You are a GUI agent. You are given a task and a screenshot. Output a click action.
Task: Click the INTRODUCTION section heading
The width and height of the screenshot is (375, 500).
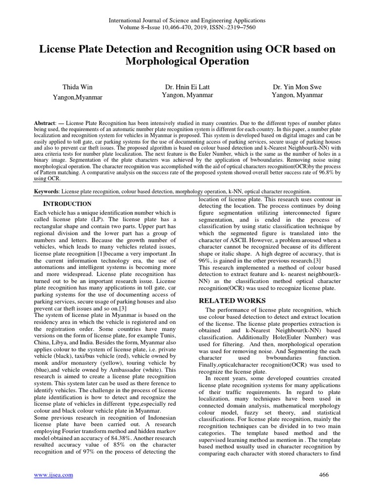click(67, 204)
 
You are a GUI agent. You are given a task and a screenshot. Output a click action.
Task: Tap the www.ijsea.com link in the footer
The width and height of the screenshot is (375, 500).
click(53, 475)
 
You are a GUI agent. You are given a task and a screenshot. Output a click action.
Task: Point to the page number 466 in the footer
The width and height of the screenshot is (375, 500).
click(324, 475)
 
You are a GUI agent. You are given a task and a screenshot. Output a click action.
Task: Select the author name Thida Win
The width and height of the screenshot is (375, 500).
click(77, 88)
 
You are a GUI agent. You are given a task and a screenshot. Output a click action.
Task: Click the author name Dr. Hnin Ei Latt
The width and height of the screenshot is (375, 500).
click(187, 87)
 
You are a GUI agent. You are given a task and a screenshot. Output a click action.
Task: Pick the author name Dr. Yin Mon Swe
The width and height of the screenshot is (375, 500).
click(297, 87)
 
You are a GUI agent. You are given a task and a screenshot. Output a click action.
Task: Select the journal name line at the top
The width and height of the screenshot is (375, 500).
click(187, 20)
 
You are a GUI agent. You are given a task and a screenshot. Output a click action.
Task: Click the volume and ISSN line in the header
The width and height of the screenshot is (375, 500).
click(187, 27)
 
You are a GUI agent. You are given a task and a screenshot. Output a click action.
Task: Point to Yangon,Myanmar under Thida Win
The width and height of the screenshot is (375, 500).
click(77, 97)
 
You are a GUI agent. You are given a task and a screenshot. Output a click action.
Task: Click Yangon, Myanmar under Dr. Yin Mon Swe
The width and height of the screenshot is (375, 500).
click(297, 95)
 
